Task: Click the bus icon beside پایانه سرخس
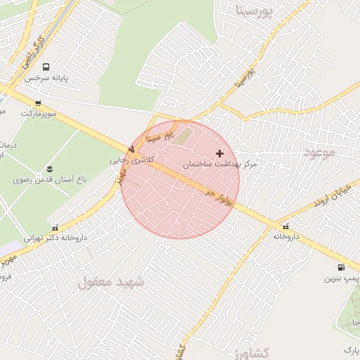[x=45, y=67]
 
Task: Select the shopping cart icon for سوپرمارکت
[x=38, y=103]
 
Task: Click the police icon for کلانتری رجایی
[x=131, y=149]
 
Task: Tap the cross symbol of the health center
[x=220, y=153]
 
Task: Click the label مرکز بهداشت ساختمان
[x=220, y=164]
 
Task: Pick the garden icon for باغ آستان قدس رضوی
[x=50, y=169]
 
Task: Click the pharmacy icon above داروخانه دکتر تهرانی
[x=56, y=226]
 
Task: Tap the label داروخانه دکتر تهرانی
[x=56, y=238]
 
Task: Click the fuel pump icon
[x=341, y=267]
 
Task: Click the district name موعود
[x=320, y=152]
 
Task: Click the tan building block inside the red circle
[x=183, y=135]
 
